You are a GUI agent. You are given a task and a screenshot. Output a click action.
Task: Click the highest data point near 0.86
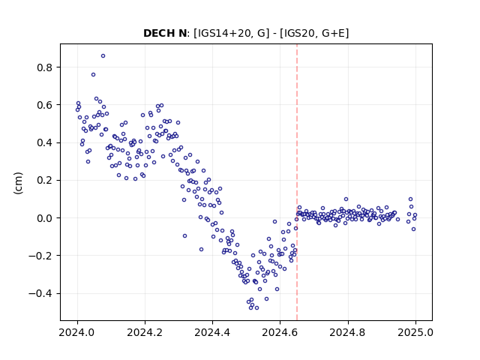103,56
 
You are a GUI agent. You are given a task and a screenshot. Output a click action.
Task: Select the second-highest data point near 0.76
93,75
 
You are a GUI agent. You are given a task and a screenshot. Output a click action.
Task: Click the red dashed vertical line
297,182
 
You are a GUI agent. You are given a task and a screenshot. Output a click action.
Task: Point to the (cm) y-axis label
18,183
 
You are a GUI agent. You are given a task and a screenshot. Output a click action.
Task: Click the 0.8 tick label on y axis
44,67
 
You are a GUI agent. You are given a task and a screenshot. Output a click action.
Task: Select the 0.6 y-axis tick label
44,105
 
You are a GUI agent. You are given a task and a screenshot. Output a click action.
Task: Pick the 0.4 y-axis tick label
44,143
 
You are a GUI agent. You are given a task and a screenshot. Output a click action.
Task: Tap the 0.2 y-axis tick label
44,181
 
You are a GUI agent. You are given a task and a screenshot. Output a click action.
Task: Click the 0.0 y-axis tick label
44,218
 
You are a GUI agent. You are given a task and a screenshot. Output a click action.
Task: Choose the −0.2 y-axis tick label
40,256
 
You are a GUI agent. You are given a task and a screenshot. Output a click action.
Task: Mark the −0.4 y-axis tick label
40,294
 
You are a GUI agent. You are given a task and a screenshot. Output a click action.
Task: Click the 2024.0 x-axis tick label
77,332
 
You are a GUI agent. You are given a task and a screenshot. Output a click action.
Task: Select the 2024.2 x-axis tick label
145,332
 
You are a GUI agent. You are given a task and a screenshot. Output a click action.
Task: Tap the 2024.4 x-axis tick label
212,332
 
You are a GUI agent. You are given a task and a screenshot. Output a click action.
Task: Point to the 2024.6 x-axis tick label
280,332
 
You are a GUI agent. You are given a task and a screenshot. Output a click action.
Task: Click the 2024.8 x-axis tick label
348,332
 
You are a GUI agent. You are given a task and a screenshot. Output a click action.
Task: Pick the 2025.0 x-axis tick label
415,332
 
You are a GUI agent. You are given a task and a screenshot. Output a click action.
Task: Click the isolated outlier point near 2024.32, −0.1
185,236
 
